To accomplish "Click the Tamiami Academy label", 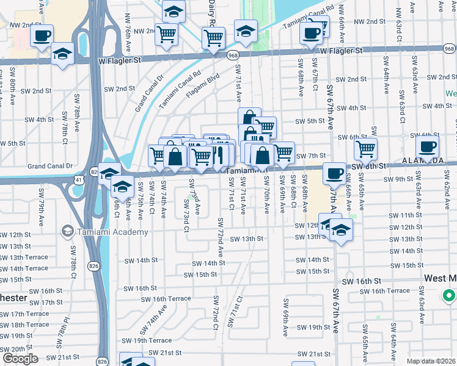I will pos(113,232).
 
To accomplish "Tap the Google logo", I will pos(20,359).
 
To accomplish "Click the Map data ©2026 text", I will pos(431,361).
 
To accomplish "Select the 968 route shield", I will pos(233,56).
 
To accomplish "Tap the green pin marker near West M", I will pos(448,296).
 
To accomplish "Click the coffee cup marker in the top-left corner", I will pos(41,35).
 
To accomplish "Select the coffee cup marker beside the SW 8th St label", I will pos(334,173).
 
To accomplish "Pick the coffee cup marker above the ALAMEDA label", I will pos(427,146).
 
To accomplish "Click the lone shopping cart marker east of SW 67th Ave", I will pos(365,148).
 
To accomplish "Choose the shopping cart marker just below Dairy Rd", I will pos(213,38).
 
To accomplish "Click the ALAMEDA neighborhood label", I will pos(422,160).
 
